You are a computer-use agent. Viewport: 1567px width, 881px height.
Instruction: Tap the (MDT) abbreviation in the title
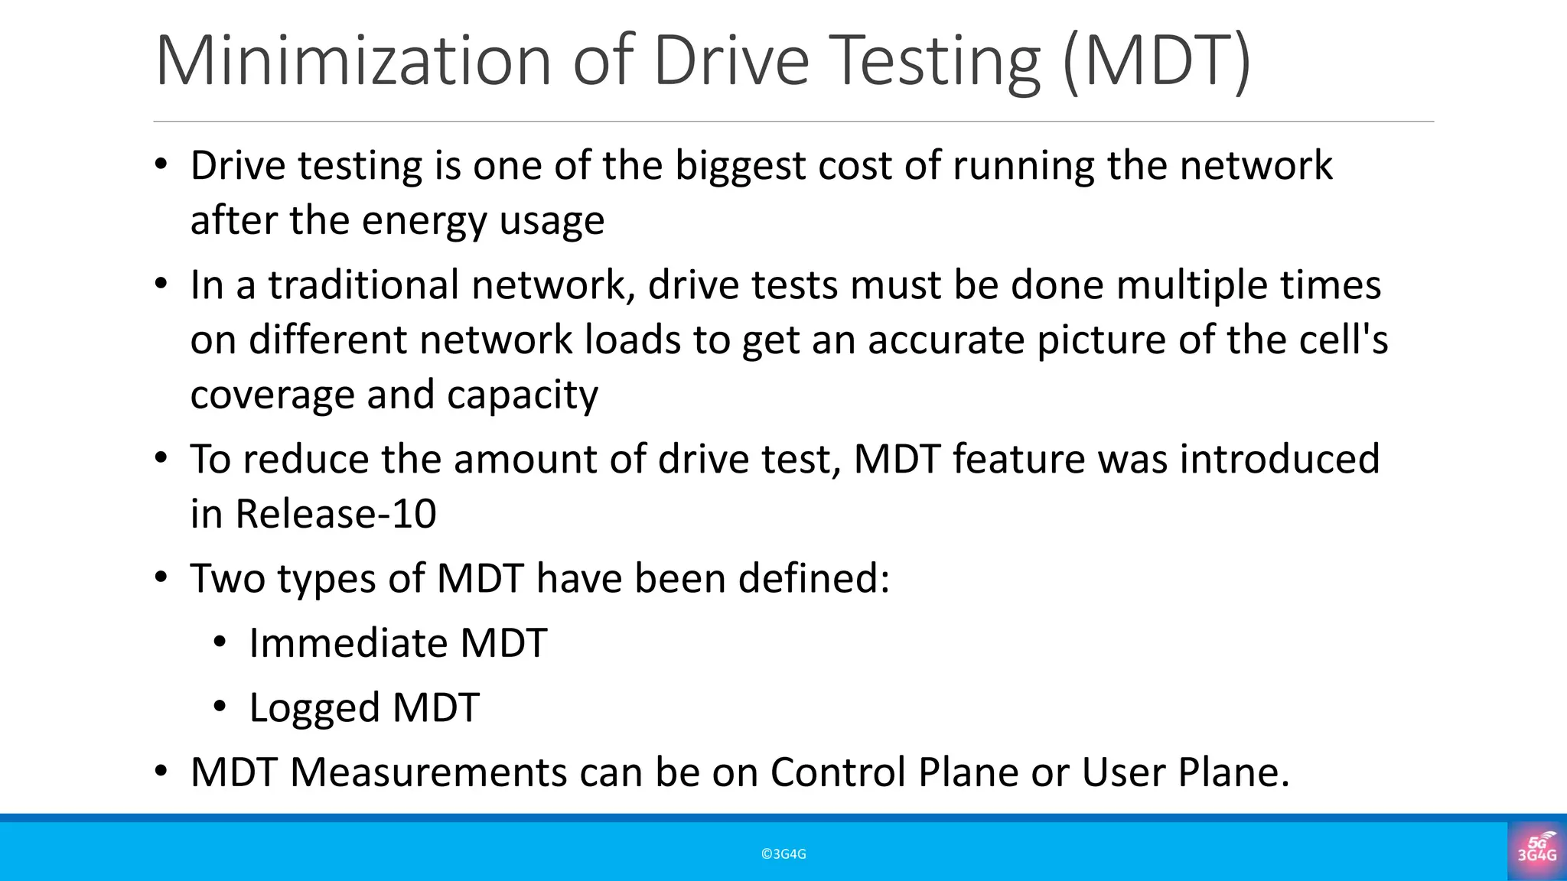click(1157, 61)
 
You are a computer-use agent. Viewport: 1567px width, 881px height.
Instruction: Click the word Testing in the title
click(935, 61)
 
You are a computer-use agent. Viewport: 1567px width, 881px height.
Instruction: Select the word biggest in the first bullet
click(740, 166)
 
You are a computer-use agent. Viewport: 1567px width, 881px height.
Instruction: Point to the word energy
click(424, 221)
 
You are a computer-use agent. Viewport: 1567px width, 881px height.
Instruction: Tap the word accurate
click(946, 340)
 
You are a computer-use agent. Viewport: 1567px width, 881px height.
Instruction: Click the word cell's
click(1344, 340)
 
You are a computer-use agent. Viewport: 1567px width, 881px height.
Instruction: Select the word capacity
click(522, 395)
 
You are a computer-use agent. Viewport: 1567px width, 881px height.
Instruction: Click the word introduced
click(1279, 459)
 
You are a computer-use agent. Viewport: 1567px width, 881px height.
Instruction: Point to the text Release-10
click(336, 513)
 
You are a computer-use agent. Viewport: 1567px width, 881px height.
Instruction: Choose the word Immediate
click(348, 642)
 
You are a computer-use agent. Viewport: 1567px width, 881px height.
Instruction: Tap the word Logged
click(314, 708)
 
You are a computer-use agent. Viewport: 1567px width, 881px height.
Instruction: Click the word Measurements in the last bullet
click(428, 772)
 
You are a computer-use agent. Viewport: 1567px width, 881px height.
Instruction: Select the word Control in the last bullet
click(838, 772)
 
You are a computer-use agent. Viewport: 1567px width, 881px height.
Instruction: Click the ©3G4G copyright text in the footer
click(783, 854)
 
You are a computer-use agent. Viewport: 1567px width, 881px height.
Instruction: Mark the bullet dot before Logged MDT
click(220, 707)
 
